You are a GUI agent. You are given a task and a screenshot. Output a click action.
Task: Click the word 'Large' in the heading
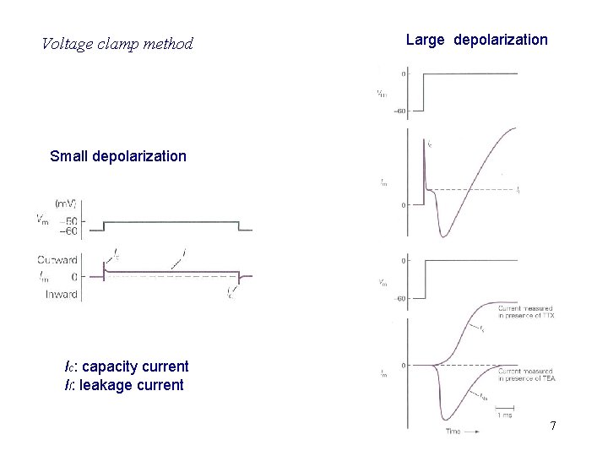point(425,40)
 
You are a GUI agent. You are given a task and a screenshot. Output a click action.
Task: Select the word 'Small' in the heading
point(69,156)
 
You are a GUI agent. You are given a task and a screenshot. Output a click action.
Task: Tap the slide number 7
point(553,426)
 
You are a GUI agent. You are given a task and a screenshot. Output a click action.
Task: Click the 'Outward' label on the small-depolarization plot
point(58,259)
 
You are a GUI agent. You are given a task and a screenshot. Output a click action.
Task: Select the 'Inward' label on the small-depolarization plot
point(61,294)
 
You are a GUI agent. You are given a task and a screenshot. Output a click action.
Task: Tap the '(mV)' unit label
point(67,204)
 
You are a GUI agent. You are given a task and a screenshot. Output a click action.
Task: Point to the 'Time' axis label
point(454,431)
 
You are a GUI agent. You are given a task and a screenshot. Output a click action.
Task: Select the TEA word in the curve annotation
point(549,378)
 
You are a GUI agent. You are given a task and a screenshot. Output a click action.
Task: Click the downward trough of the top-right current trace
point(444,236)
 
